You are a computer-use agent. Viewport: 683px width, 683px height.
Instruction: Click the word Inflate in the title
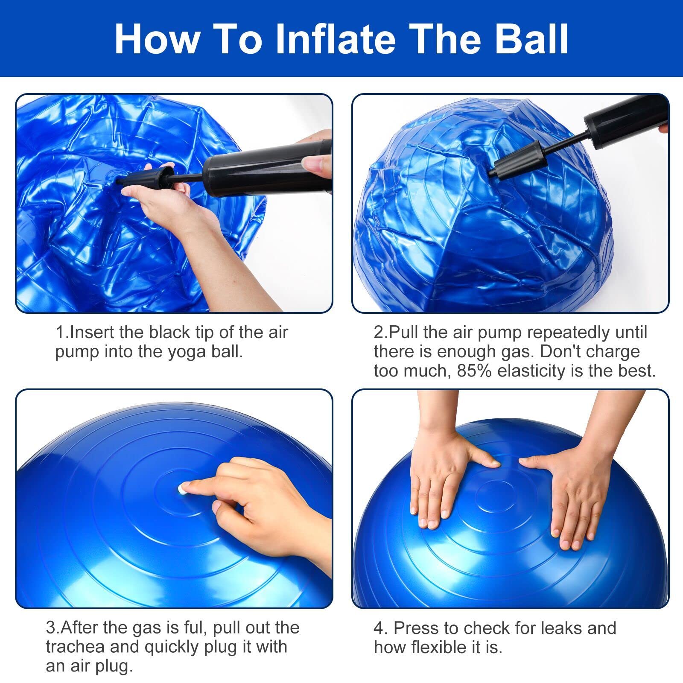click(x=335, y=39)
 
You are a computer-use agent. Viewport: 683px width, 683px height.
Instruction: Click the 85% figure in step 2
click(x=474, y=371)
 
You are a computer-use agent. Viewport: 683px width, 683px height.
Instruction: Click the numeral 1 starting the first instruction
click(x=60, y=332)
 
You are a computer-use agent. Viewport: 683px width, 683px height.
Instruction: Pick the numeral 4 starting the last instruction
click(x=379, y=628)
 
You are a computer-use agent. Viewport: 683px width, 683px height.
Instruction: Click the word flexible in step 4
click(x=439, y=647)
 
